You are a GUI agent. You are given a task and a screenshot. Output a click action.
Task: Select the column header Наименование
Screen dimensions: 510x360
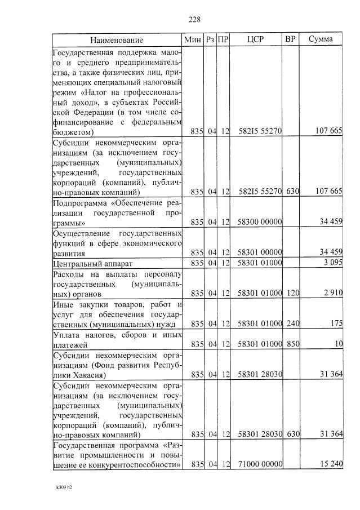click(x=117, y=40)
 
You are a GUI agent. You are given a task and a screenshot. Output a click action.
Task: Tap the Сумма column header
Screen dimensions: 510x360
click(x=321, y=39)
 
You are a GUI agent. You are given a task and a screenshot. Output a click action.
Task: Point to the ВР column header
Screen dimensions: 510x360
click(x=291, y=39)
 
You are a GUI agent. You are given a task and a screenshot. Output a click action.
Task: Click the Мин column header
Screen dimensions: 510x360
click(x=193, y=39)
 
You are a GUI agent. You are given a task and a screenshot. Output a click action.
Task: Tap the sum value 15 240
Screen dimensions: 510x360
click(x=329, y=464)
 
